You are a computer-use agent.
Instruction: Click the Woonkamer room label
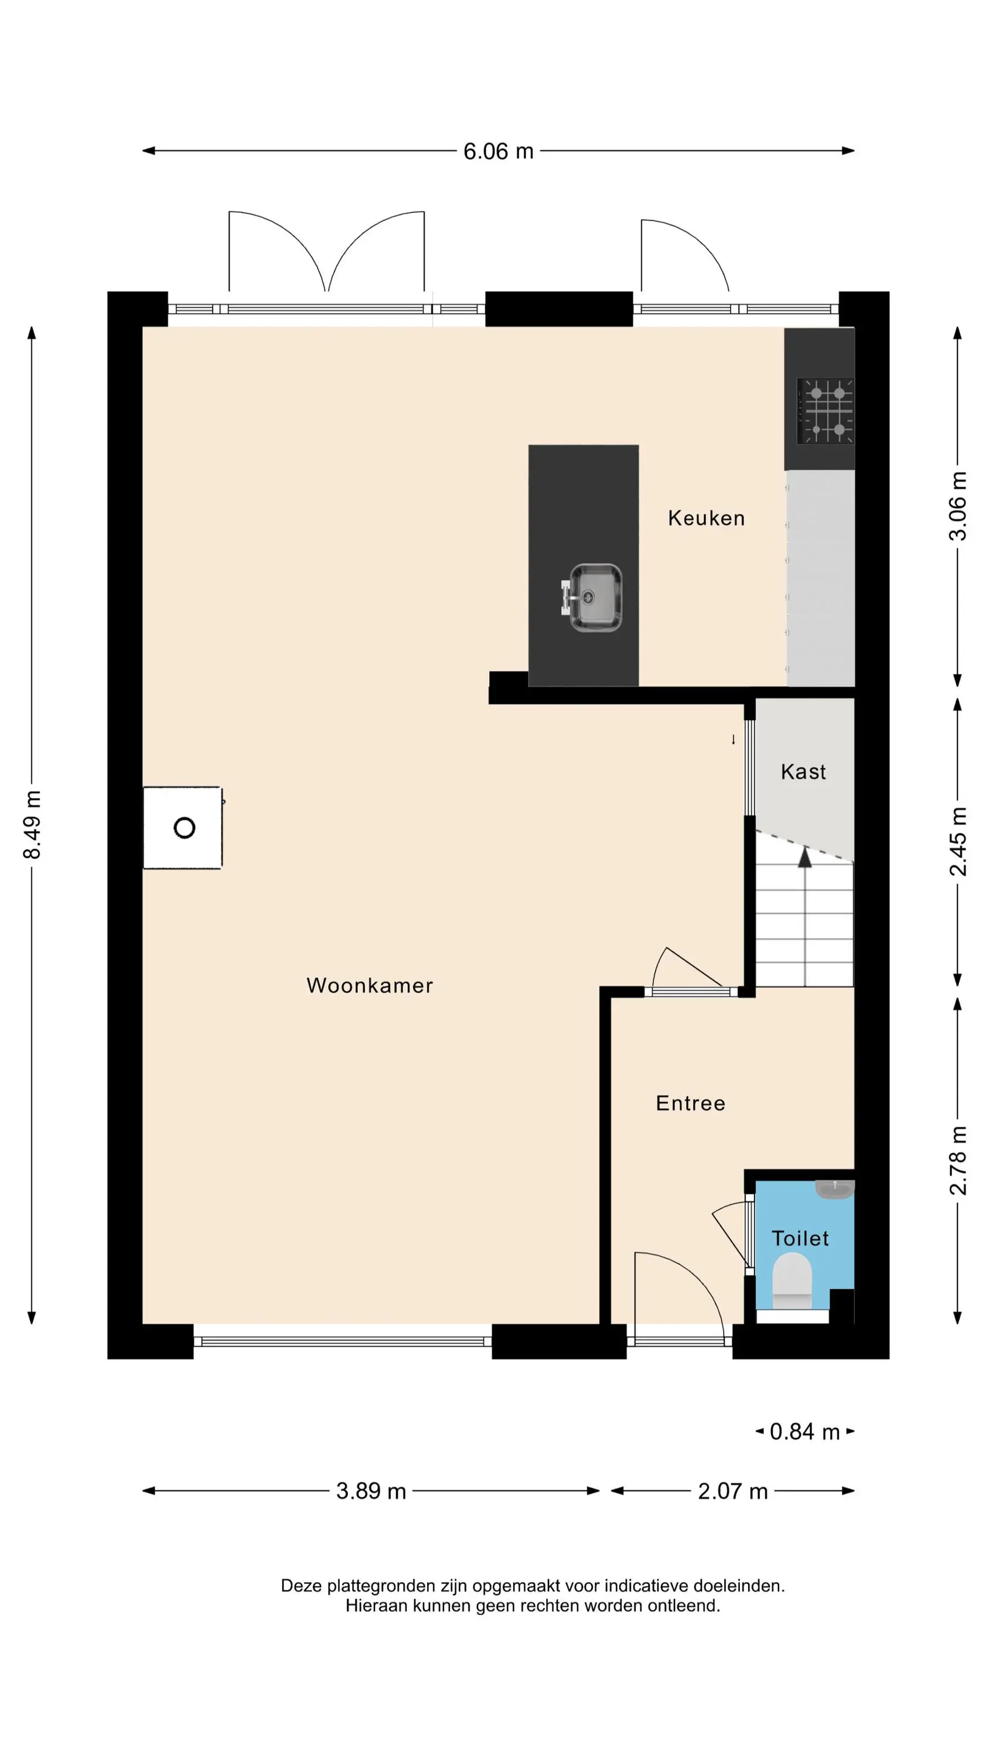point(369,986)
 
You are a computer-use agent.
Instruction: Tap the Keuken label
point(706,518)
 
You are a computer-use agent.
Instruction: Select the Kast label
point(803,772)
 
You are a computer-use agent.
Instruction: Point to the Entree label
point(690,1103)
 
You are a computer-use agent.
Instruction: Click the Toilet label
point(800,1239)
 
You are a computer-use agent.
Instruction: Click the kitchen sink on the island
point(591,597)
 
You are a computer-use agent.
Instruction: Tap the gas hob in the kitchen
point(825,411)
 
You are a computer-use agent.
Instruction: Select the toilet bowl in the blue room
point(792,1281)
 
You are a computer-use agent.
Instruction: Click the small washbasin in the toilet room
point(835,1189)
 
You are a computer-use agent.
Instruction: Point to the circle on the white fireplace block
point(185,828)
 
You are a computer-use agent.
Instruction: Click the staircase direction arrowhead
point(806,857)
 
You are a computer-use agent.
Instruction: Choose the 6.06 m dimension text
point(498,151)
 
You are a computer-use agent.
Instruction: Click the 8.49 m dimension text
point(32,825)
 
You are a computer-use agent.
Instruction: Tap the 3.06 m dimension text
point(957,506)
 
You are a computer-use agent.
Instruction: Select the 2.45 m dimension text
point(957,841)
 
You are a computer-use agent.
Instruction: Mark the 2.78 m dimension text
point(957,1160)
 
